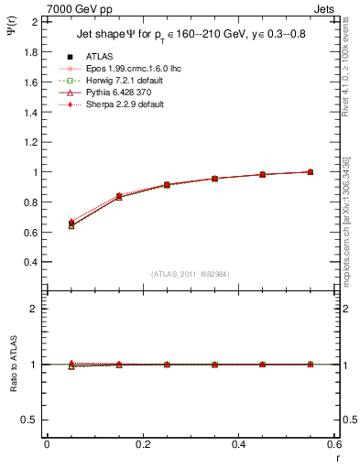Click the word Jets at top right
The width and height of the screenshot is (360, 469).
(x=326, y=8)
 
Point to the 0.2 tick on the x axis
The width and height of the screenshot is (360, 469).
(x=143, y=444)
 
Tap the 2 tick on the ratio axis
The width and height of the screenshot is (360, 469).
(x=37, y=309)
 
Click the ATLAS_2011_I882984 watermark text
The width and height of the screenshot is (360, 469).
(x=191, y=274)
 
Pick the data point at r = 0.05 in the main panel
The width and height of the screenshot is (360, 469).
(x=71, y=224)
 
